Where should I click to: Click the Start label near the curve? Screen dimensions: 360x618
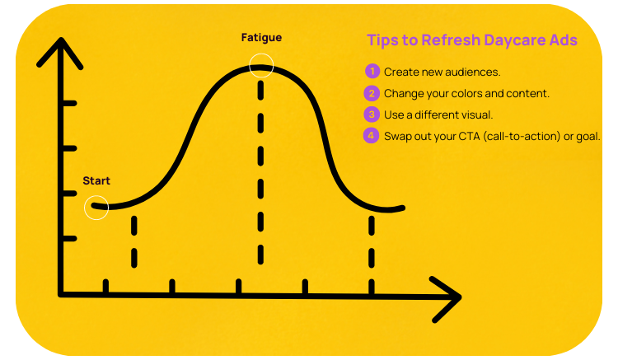[x=96, y=180]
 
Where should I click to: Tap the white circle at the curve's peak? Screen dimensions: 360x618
[x=260, y=65]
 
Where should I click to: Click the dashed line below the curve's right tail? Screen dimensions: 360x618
[x=372, y=243]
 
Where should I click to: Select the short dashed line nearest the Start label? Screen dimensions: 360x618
[x=133, y=243]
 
